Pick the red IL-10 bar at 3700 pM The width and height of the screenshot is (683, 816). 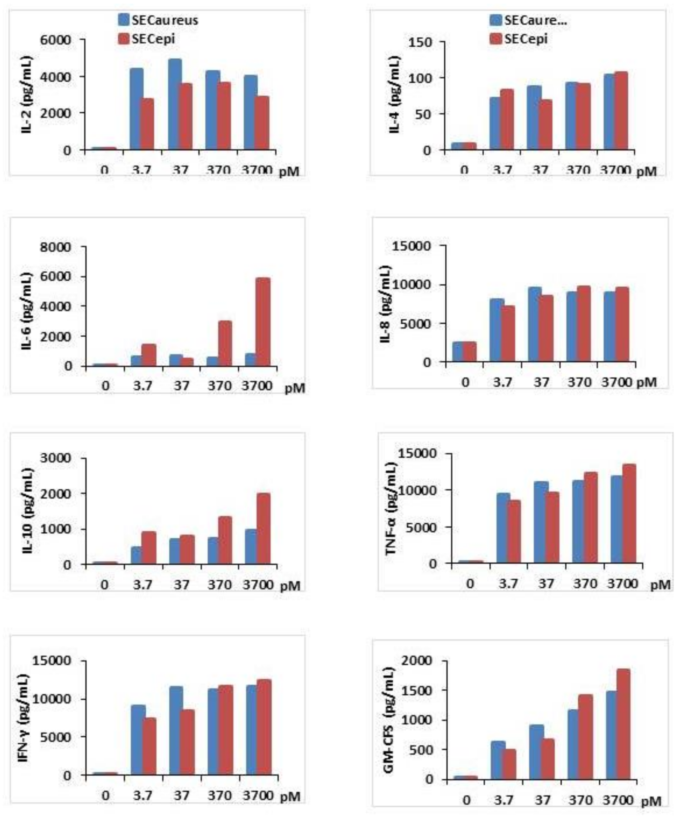(263, 529)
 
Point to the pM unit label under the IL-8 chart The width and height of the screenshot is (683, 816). (646, 382)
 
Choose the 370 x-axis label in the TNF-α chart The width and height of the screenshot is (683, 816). (585, 584)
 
